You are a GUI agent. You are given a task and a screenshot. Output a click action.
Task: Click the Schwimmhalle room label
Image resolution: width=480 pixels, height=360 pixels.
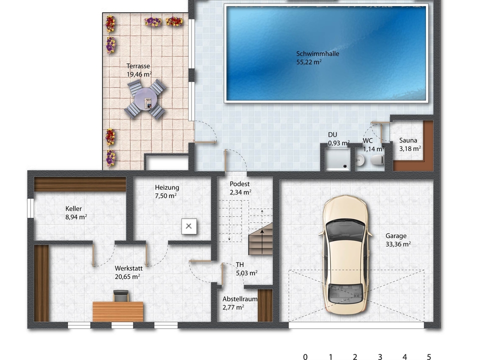pyautogui.click(x=317, y=54)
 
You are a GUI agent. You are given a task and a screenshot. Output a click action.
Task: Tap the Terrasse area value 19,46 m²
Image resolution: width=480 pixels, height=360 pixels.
pyautogui.click(x=139, y=74)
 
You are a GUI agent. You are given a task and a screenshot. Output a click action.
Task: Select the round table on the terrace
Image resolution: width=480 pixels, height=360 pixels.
pyautogui.click(x=145, y=99)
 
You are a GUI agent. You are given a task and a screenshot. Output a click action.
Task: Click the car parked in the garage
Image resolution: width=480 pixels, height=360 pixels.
pyautogui.click(x=345, y=254)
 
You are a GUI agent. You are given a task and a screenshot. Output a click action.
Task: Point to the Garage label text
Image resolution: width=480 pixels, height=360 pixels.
pyautogui.click(x=396, y=236)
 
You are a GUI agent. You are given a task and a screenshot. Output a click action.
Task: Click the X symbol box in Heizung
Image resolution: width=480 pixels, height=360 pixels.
pyautogui.click(x=189, y=226)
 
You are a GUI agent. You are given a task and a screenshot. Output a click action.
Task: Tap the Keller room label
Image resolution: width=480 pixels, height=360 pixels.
pyautogui.click(x=73, y=209)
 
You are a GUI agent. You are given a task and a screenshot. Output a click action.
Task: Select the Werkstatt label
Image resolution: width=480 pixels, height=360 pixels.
pyautogui.click(x=128, y=268)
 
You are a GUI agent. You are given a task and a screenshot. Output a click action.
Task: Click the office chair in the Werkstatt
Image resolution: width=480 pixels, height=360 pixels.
pyautogui.click(x=121, y=296)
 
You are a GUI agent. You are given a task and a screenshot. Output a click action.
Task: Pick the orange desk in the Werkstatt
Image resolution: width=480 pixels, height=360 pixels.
pyautogui.click(x=118, y=311)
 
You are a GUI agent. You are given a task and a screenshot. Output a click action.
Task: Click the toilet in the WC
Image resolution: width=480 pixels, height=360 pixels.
pyautogui.click(x=377, y=160)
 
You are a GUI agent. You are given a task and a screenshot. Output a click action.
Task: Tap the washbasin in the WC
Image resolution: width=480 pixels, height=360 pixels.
pyautogui.click(x=360, y=160)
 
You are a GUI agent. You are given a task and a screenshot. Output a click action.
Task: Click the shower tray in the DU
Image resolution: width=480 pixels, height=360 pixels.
pyautogui.click(x=338, y=159)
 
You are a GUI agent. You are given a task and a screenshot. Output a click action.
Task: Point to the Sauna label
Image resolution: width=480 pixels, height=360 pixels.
pyautogui.click(x=408, y=140)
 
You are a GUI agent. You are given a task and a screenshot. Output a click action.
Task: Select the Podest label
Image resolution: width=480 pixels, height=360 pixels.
pyautogui.click(x=239, y=184)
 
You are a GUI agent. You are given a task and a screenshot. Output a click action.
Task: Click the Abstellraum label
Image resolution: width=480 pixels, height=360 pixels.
pyautogui.click(x=240, y=299)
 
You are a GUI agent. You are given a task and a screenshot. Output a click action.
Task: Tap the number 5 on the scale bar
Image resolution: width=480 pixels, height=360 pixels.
pyautogui.click(x=429, y=356)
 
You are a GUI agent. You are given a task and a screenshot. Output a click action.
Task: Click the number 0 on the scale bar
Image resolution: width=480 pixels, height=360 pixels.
pyautogui.click(x=305, y=356)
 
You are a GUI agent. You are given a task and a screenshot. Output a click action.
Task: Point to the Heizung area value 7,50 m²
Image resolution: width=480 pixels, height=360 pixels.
pyautogui.click(x=165, y=196)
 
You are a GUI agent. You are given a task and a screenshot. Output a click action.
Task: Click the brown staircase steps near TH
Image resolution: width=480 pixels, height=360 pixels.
pyautogui.click(x=260, y=239)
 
